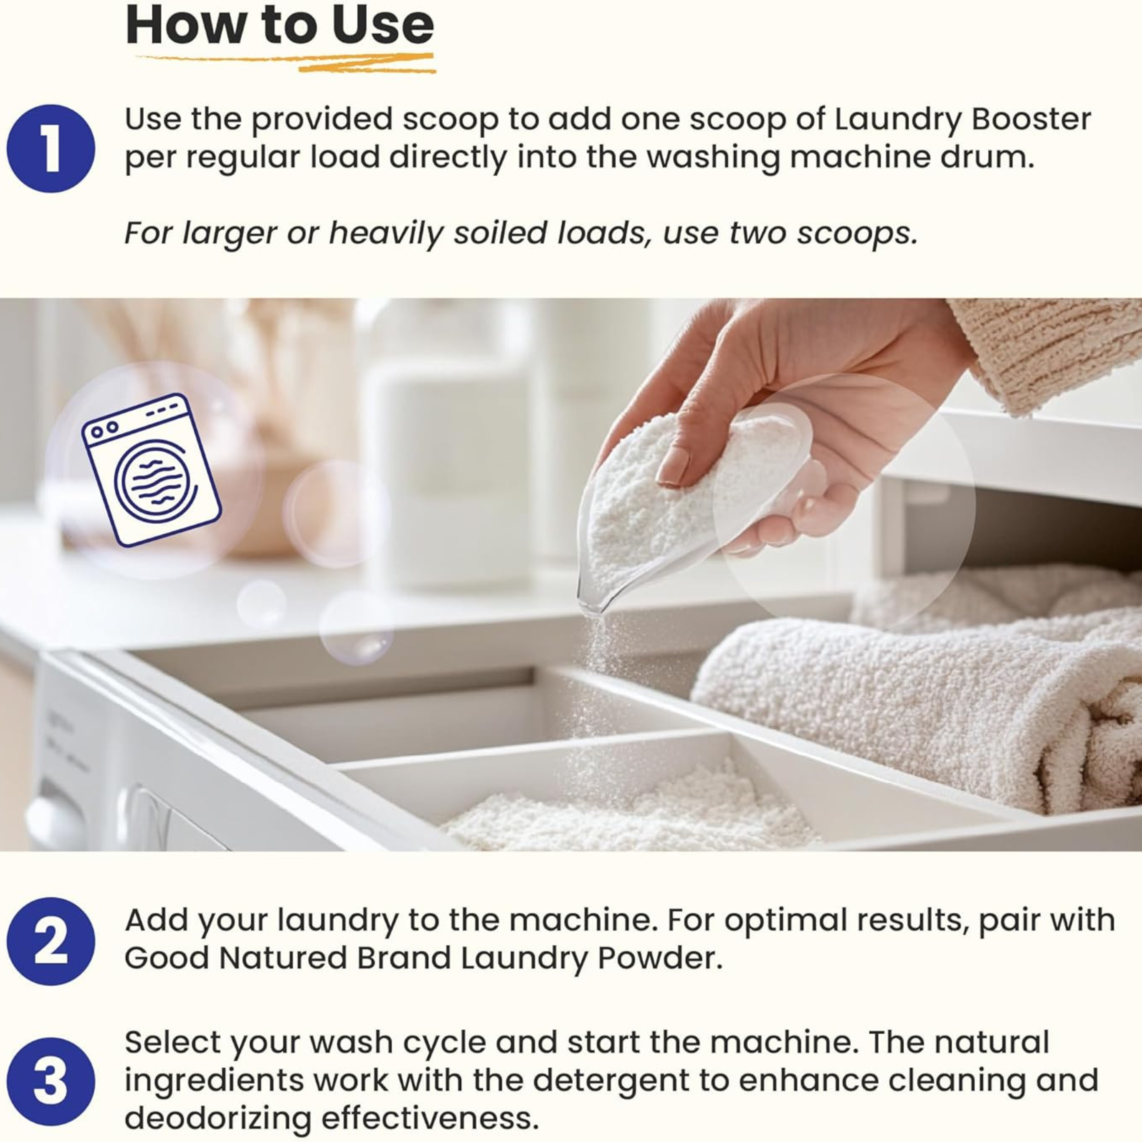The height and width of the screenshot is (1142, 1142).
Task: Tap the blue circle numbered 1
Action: tap(51, 148)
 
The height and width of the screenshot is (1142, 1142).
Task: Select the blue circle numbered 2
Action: tap(51, 941)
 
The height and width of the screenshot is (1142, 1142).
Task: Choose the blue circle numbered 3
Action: tap(51, 1082)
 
